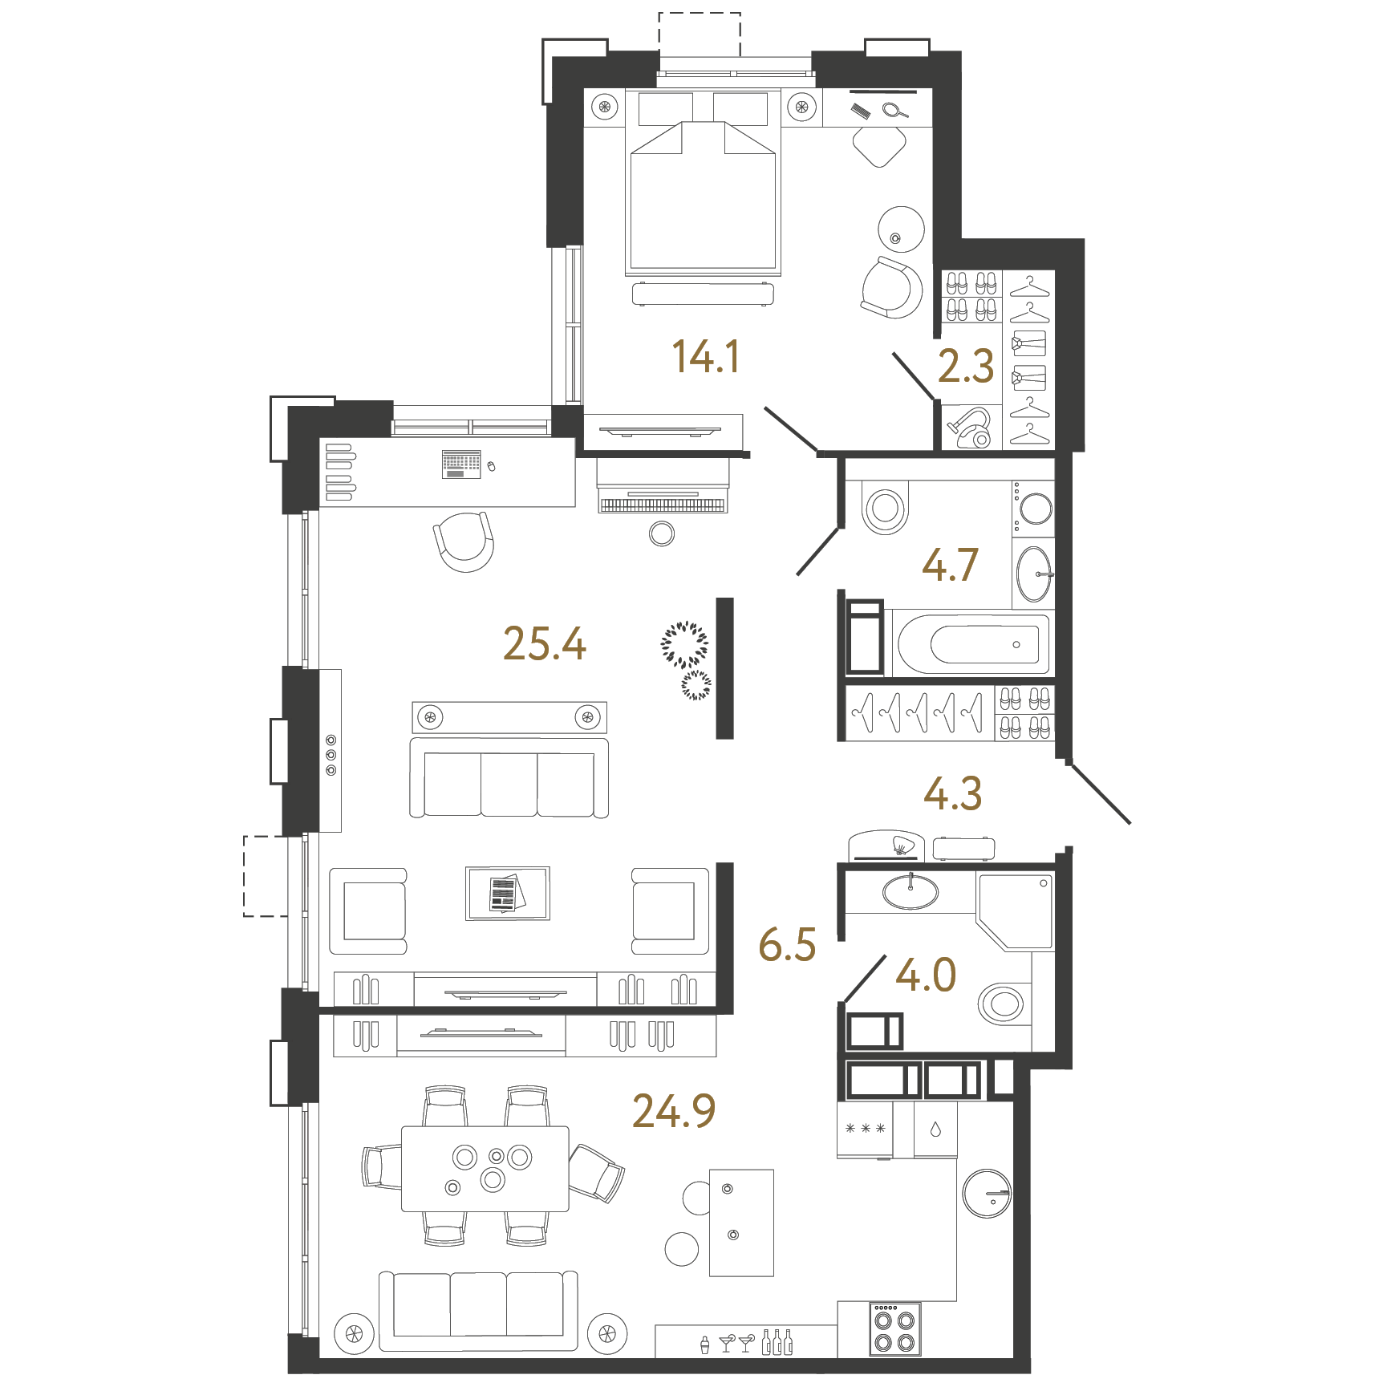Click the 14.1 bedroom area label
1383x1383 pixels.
[705, 356]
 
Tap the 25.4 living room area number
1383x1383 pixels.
[545, 643]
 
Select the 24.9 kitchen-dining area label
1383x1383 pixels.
[674, 1111]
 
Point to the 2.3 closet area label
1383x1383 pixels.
[966, 366]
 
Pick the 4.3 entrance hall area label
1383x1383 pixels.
[953, 793]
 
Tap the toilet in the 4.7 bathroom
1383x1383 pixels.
[885, 507]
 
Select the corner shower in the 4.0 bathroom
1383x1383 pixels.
[1015, 911]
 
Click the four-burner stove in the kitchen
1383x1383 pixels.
[894, 1328]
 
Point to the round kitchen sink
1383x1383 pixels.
[987, 1193]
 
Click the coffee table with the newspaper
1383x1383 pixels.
[508, 893]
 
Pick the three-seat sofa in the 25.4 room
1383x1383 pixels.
[509, 777]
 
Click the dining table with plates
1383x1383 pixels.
[485, 1169]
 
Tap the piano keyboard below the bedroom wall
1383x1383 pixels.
[663, 505]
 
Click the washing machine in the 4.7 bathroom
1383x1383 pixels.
[1033, 509]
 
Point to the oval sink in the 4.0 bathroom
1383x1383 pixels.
[911, 891]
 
